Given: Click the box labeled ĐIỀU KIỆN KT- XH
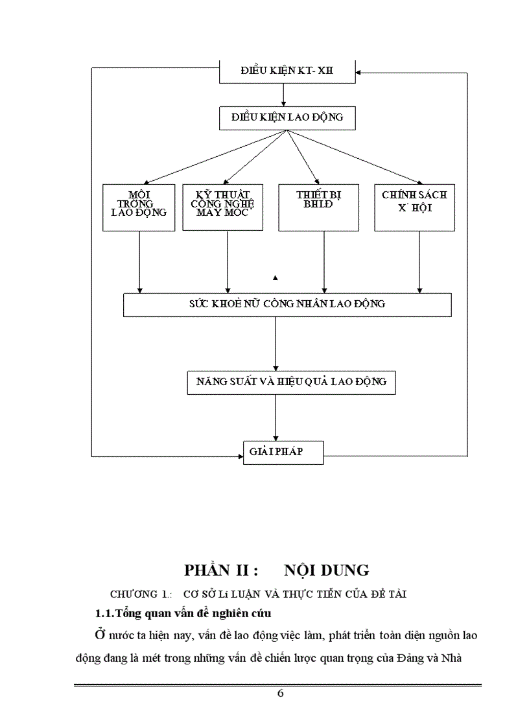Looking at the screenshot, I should tap(287, 72).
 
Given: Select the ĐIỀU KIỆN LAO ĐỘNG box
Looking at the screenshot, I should tap(287, 118).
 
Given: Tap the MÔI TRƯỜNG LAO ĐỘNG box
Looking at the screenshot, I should tap(139, 207).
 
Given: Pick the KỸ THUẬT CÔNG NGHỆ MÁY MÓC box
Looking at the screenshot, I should tap(223, 207).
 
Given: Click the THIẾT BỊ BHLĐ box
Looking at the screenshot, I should tap(318, 207).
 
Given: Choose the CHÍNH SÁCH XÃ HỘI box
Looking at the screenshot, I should tap(414, 207).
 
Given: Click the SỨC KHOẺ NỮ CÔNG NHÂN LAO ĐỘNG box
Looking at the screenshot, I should tap(287, 304).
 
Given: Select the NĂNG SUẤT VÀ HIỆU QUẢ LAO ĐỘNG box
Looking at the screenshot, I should tap(290, 382).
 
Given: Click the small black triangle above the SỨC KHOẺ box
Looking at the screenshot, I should tap(276, 278).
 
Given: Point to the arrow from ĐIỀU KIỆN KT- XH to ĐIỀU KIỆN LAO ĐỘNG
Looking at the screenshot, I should tap(284, 95).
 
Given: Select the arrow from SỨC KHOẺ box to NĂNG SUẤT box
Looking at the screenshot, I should tap(276, 344).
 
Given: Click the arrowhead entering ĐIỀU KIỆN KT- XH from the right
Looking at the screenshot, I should tap(360, 73).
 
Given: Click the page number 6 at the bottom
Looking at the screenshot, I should tap(280, 693).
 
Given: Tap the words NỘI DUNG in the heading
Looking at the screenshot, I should tap(327, 570).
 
